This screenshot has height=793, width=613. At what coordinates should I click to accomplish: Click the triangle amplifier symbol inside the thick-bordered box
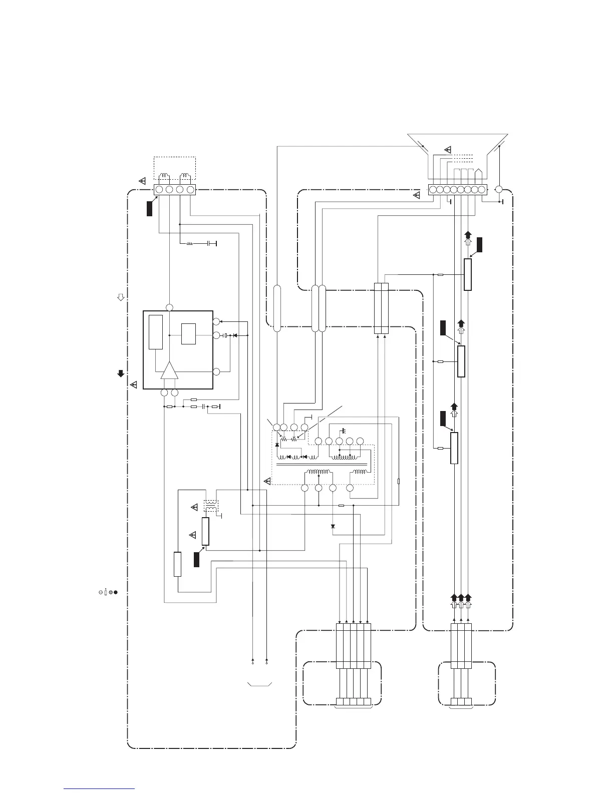click(169, 371)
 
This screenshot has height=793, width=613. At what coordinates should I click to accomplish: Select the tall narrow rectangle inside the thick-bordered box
click(156, 332)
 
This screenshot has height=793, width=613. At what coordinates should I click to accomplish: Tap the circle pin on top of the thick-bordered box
click(169, 307)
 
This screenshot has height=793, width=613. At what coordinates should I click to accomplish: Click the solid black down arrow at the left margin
click(120, 373)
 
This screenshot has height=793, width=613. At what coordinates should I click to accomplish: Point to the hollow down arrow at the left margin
click(120, 297)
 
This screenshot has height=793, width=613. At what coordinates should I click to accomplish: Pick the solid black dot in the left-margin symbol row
click(116, 592)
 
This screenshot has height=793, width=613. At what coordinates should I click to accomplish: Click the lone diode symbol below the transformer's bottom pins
click(333, 527)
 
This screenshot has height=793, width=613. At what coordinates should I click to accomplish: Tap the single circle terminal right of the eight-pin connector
click(498, 190)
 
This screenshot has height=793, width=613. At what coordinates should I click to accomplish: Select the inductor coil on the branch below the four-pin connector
click(190, 244)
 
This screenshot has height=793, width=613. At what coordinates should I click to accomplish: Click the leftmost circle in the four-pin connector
click(159, 190)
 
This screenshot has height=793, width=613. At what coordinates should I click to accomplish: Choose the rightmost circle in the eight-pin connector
click(482, 190)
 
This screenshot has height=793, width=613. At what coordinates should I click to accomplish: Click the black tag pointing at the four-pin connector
click(149, 209)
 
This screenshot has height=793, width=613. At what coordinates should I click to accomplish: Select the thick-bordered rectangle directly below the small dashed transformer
click(205, 531)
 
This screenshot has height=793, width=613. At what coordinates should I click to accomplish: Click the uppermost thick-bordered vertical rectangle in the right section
click(468, 274)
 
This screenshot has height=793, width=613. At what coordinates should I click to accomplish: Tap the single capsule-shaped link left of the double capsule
click(276, 308)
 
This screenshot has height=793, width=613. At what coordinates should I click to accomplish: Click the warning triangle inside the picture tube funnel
click(448, 150)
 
